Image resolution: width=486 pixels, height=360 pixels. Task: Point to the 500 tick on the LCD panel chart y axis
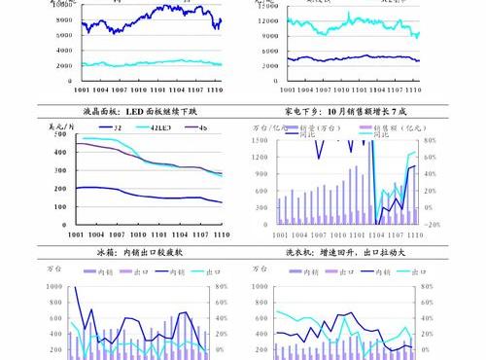pos(62,137)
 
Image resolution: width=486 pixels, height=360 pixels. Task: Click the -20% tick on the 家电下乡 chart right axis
pos(433,224)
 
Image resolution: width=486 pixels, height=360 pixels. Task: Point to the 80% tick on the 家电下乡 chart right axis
pos(431,140)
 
